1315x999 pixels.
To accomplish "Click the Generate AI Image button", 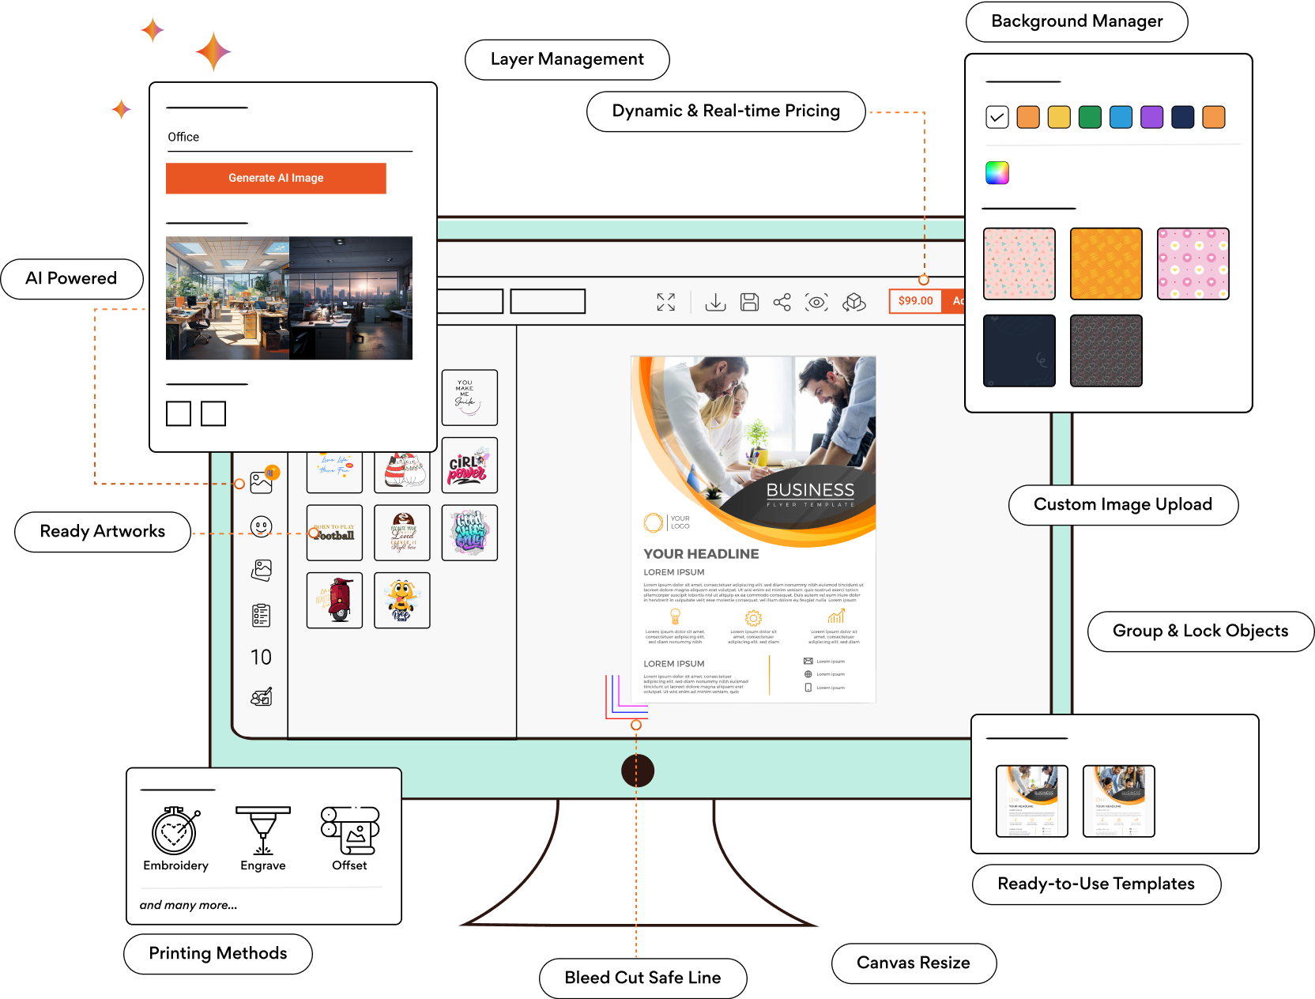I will click(276, 178).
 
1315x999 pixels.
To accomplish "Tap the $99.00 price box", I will click(915, 301).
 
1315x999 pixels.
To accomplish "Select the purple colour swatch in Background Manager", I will click(1151, 117).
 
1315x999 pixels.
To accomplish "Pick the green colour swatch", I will click(1090, 117).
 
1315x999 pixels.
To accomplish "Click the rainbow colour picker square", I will click(997, 172).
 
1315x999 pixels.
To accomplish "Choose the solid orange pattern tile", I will click(1106, 264).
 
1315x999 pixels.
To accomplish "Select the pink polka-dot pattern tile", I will click(1193, 264).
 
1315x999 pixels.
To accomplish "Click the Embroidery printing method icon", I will click(175, 831).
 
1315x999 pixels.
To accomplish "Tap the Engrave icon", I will click(263, 831).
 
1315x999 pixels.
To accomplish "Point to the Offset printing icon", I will click(350, 831).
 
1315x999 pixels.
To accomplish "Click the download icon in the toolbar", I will click(715, 302).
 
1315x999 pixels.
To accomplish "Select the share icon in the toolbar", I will click(782, 302).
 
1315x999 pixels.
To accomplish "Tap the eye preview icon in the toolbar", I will click(816, 302).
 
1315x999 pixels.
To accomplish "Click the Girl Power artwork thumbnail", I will click(469, 466).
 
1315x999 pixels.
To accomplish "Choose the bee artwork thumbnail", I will click(402, 601).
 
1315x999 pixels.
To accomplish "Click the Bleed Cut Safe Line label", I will click(642, 978).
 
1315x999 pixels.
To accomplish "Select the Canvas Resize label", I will click(914, 963).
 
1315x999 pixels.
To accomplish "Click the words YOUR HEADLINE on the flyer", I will click(701, 554).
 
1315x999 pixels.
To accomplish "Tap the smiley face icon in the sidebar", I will click(261, 526).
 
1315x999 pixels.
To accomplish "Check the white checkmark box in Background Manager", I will click(997, 117).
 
